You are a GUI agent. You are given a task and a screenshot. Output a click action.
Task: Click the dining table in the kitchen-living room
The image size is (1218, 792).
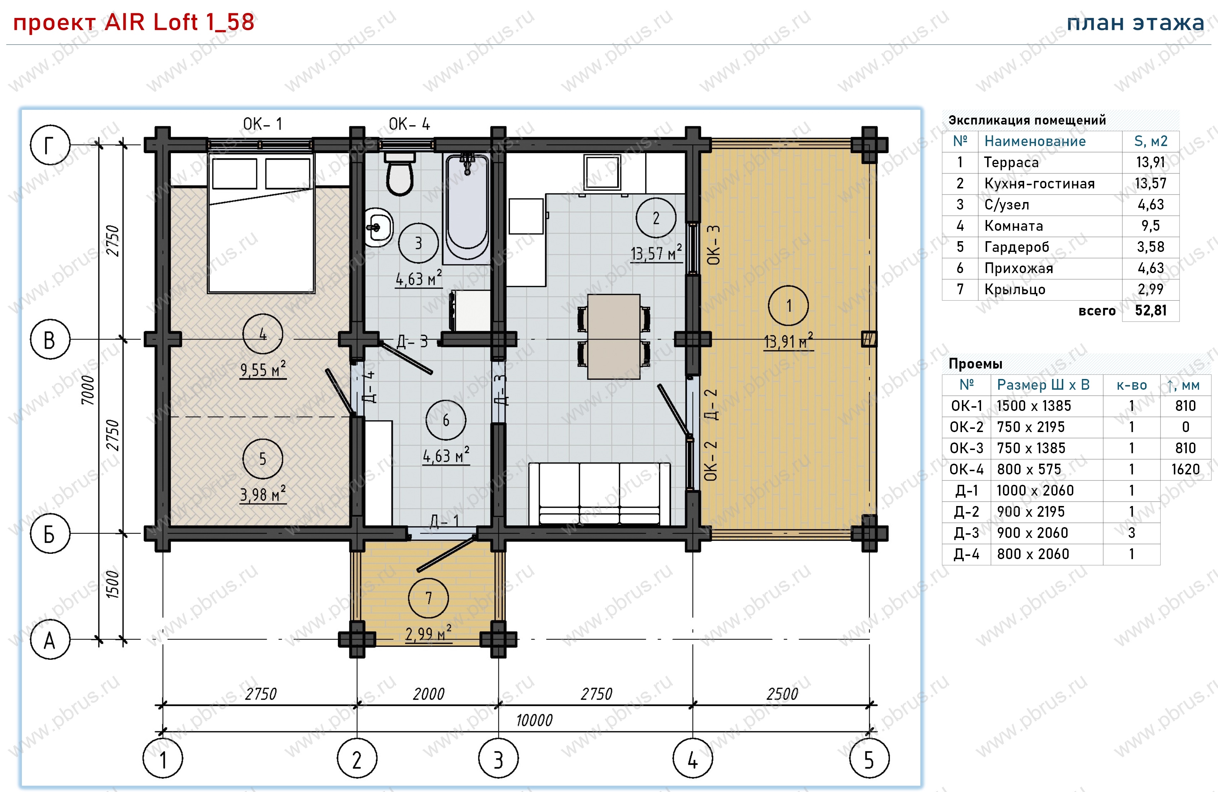click(x=614, y=337)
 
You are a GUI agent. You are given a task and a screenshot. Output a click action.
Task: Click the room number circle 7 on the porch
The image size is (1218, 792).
click(x=428, y=598)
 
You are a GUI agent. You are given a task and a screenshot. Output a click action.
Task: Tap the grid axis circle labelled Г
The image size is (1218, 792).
click(x=50, y=145)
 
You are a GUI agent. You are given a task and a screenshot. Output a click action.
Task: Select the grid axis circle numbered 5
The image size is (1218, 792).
click(x=869, y=758)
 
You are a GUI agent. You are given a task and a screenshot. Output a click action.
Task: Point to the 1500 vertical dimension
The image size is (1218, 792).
click(x=112, y=585)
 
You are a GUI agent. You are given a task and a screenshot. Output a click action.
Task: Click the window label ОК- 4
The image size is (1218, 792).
click(x=409, y=124)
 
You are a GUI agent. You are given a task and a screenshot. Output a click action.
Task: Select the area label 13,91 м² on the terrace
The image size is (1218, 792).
click(x=788, y=341)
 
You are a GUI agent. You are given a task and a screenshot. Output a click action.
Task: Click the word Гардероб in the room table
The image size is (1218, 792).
click(x=1016, y=247)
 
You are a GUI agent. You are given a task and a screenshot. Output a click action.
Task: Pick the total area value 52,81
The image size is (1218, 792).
click(x=1150, y=310)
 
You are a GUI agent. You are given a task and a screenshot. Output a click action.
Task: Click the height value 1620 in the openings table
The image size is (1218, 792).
click(x=1185, y=469)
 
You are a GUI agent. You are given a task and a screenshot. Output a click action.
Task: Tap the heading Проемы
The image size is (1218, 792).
click(x=975, y=364)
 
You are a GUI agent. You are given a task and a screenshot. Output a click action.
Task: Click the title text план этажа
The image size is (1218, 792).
click(x=1135, y=23)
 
